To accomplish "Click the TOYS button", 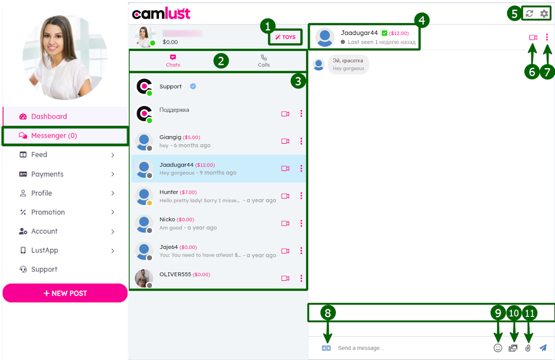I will pyautogui.click(x=285, y=37).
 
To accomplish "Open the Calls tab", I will pyautogui.click(x=264, y=61).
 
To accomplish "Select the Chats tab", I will pyautogui.click(x=173, y=61).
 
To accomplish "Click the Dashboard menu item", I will pyautogui.click(x=49, y=116).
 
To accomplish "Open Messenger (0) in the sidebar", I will pyautogui.click(x=54, y=136).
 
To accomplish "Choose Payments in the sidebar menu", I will pyautogui.click(x=47, y=174).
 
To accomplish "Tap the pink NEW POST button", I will pyautogui.click(x=65, y=293).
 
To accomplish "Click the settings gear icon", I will pyautogui.click(x=544, y=14).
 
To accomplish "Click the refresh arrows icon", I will pyautogui.click(x=529, y=14).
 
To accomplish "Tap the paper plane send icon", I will pyautogui.click(x=543, y=348).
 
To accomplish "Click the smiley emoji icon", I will pyautogui.click(x=498, y=348).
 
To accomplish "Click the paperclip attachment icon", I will pyautogui.click(x=528, y=348).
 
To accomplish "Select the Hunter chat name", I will pyautogui.click(x=169, y=192).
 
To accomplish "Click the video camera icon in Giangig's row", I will pyautogui.click(x=285, y=141).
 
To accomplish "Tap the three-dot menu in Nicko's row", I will pyautogui.click(x=301, y=223).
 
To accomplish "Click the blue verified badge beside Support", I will pyautogui.click(x=193, y=86).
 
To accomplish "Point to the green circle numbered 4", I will pyautogui.click(x=422, y=20).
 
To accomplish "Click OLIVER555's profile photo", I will pyautogui.click(x=144, y=278).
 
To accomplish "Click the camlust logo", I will pyautogui.click(x=161, y=13).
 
